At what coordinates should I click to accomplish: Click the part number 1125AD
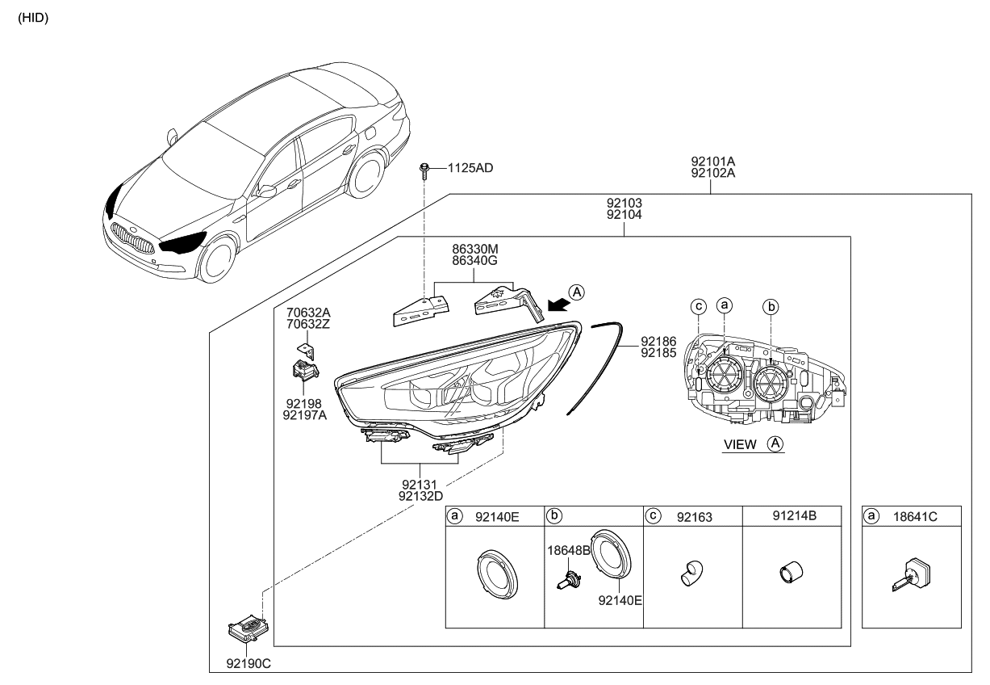(472, 168)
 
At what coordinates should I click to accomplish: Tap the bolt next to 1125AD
(424, 170)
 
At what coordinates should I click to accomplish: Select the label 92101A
(712, 161)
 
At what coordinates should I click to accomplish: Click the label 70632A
(307, 311)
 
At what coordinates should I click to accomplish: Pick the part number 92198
(303, 401)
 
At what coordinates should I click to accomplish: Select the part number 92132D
(420, 496)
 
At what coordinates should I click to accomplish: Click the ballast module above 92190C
(250, 627)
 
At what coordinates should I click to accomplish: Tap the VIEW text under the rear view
(740, 444)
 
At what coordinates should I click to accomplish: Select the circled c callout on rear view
(699, 306)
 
